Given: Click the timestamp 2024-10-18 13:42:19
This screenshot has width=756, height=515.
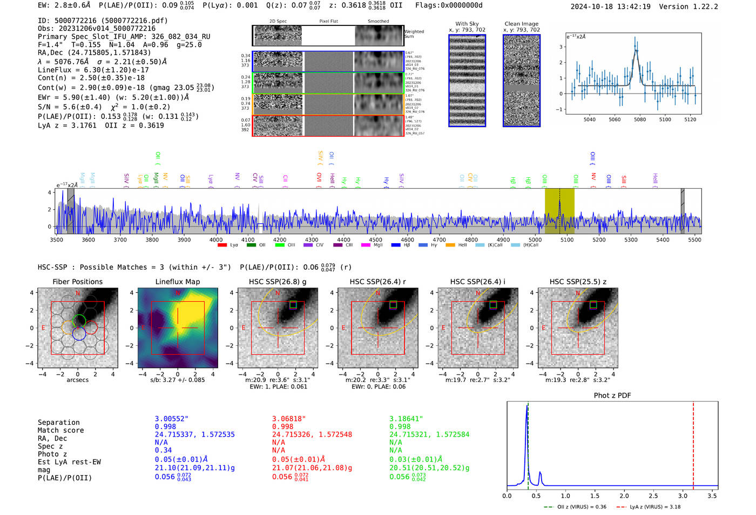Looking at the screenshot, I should pos(610,7).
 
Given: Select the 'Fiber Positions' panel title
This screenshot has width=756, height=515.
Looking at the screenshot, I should pos(77,282).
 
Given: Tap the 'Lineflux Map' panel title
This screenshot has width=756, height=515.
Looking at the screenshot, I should pos(178,282).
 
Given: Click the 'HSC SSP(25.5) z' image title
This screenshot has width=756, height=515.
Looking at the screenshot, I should pos(578,282).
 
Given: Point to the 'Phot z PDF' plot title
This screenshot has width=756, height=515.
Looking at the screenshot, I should pos(612,396).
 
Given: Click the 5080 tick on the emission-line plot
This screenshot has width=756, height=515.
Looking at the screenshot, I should pos(640,119).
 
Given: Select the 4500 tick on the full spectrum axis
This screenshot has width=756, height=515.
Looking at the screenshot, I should pos(375,240).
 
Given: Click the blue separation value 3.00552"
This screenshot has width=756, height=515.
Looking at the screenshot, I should pos(172,419).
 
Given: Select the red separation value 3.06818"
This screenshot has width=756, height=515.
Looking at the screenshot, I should pos(289,419).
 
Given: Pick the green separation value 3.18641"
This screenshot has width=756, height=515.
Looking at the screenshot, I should pos(406,419).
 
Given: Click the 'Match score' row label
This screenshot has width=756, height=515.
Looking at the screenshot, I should pos(60,431).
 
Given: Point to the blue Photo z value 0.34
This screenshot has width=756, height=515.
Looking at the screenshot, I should pos(163,450).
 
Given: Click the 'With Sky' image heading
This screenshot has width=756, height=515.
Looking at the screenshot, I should pos(467,24).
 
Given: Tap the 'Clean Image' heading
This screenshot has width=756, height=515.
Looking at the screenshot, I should pos(521,24).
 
